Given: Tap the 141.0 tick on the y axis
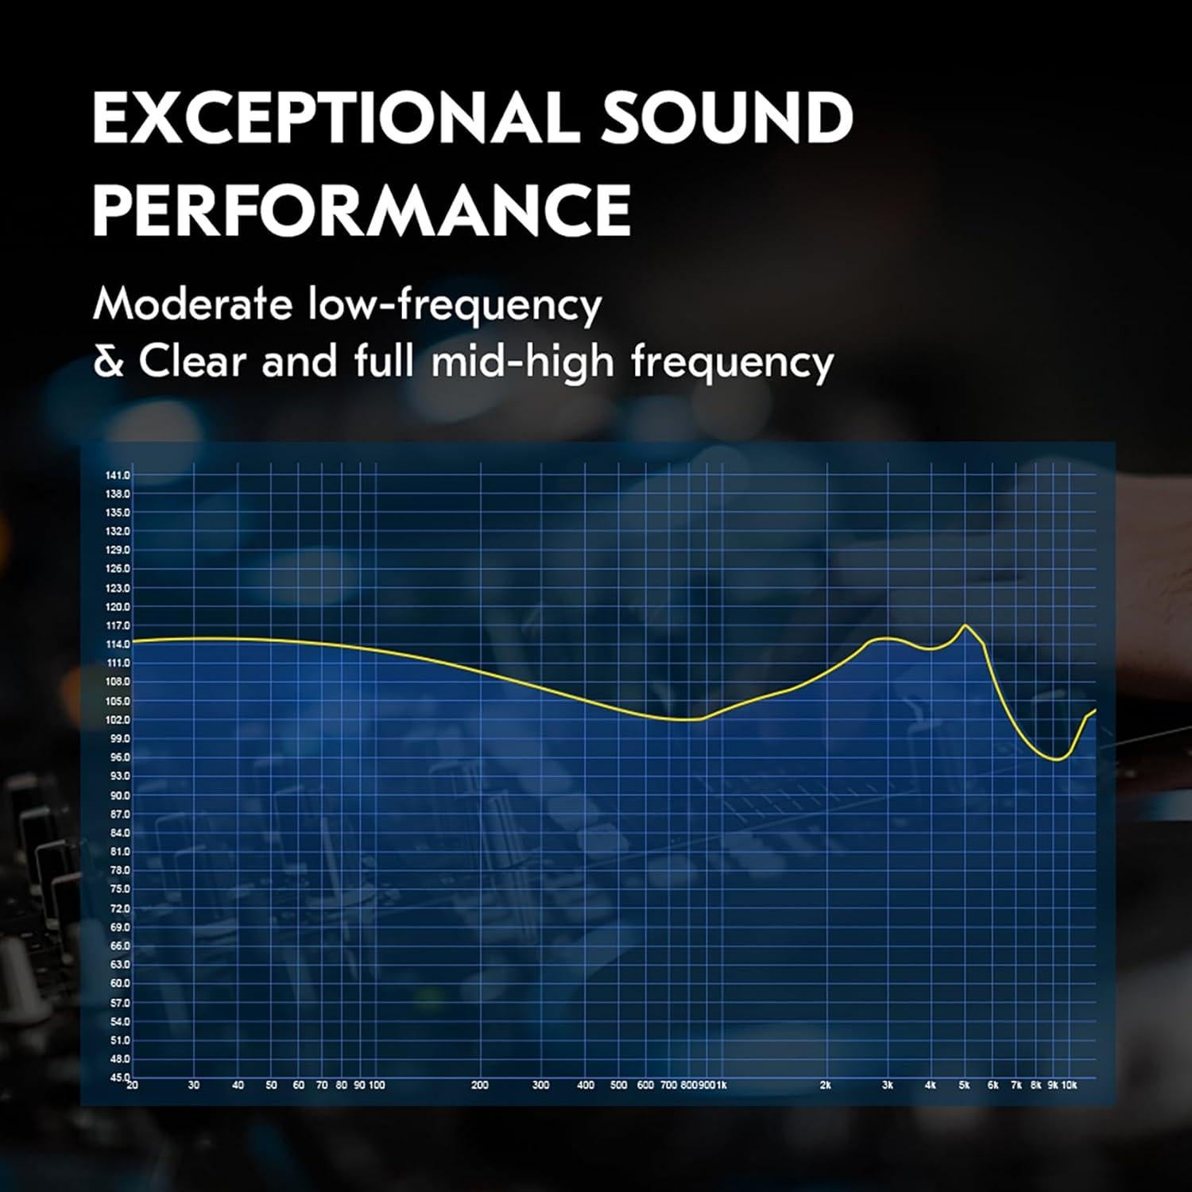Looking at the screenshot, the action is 118,475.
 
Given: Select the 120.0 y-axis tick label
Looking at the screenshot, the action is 118,607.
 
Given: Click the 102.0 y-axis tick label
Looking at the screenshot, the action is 118,720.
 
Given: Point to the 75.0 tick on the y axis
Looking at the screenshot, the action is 119,889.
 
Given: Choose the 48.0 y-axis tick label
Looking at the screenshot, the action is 119,1059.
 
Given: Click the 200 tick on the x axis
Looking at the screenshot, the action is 480,1085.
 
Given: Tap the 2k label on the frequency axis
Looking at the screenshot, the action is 826,1085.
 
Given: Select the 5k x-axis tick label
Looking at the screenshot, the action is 964,1085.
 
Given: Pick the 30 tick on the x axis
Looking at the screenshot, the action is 194,1085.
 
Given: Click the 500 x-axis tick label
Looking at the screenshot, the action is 618,1085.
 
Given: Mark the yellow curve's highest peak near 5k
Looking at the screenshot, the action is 965,625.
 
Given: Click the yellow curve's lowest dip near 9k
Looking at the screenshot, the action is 1056,760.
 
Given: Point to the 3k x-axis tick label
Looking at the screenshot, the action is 888,1085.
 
